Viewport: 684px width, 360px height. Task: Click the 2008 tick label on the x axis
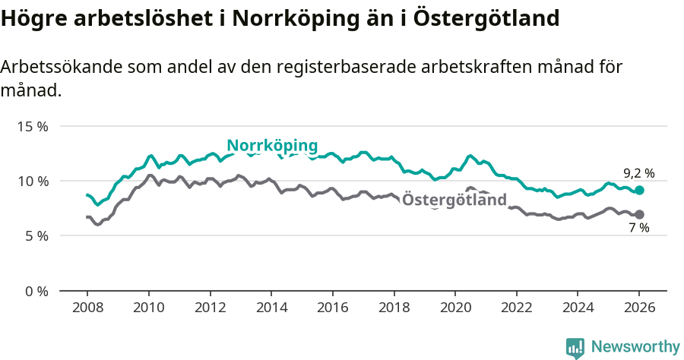87,309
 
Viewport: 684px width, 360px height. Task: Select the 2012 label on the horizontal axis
210,309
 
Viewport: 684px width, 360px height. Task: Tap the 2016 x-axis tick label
332,309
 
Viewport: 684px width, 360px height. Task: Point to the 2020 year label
454,309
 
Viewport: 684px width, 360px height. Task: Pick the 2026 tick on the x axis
639,309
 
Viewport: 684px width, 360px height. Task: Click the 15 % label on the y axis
33,126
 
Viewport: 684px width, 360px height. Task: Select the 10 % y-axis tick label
33,181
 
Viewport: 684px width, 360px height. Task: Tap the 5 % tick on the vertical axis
36,236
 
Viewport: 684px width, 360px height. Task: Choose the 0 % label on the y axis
36,291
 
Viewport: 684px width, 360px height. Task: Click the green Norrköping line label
272,146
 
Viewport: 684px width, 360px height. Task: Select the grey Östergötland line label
454,201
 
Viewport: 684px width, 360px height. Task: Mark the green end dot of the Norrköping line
639,190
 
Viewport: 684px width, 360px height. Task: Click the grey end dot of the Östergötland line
639,214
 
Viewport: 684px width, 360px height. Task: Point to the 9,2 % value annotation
638,173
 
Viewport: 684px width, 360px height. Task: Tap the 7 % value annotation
639,229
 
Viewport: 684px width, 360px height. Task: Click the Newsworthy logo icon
575,347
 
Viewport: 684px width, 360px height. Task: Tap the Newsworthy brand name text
635,347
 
